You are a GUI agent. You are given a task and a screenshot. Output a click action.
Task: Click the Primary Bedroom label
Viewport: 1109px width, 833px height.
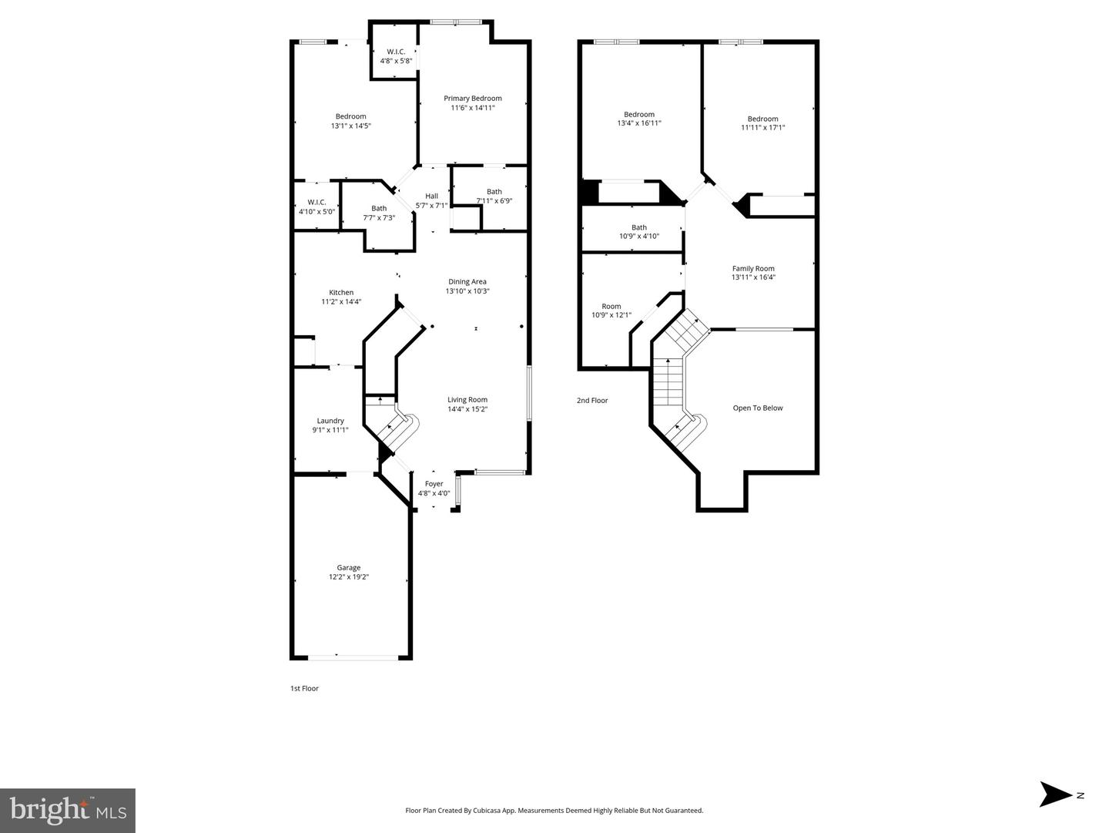pos(472,99)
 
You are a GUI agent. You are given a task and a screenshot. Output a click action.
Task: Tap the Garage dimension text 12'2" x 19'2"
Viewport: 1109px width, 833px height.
pos(349,577)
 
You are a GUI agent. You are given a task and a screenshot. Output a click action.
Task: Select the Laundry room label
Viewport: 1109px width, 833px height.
pos(330,421)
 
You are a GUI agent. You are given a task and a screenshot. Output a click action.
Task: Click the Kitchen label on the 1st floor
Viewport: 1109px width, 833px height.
pos(341,293)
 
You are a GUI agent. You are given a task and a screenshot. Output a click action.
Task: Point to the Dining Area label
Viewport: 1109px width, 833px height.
pos(467,282)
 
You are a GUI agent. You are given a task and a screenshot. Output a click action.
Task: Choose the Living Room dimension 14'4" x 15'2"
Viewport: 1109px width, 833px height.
pos(467,410)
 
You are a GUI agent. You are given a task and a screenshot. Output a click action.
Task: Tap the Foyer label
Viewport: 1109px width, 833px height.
pos(434,484)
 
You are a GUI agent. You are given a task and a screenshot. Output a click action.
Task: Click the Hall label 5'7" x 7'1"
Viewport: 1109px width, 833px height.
pos(431,196)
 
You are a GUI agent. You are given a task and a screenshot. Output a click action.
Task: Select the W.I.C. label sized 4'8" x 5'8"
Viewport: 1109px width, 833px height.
pos(396,52)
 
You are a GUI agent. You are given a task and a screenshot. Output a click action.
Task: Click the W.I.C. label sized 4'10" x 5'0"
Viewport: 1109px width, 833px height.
pos(317,202)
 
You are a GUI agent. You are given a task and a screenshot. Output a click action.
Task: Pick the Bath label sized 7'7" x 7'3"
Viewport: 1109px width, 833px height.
pos(379,208)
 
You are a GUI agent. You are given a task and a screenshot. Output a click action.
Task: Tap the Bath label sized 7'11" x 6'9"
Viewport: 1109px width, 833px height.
pos(494,192)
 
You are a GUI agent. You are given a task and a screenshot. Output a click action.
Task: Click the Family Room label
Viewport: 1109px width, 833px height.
pos(753,269)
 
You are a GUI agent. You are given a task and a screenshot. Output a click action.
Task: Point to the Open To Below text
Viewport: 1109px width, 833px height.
pos(757,408)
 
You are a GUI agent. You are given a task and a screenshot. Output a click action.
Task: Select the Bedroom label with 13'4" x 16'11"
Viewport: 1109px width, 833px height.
pos(639,115)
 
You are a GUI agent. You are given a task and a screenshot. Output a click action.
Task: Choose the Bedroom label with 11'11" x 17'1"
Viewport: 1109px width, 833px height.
pos(762,119)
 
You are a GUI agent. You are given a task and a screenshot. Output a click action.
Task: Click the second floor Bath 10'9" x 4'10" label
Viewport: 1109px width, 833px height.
pos(639,227)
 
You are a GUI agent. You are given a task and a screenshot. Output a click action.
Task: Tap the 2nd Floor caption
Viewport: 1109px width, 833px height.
pos(592,401)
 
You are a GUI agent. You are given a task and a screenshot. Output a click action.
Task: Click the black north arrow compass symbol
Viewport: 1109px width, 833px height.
pos(1055,794)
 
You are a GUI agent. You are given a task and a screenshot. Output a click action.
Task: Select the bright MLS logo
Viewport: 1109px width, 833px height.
pos(68,811)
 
